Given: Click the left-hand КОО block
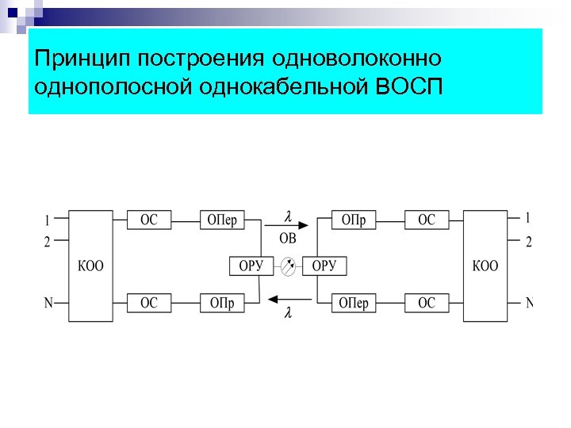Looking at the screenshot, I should point(90,266).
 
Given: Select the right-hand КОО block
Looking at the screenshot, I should point(485,266).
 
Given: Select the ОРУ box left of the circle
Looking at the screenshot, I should point(251,266).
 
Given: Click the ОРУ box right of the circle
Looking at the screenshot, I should point(325,266).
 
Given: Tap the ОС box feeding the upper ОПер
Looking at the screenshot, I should point(149,220).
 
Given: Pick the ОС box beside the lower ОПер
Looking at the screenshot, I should point(427,303).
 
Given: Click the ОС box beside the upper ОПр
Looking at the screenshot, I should point(427,220).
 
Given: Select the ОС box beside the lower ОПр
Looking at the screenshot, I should point(149,303).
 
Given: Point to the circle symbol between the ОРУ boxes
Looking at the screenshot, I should point(289,266).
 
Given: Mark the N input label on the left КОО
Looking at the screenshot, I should point(48,302).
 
